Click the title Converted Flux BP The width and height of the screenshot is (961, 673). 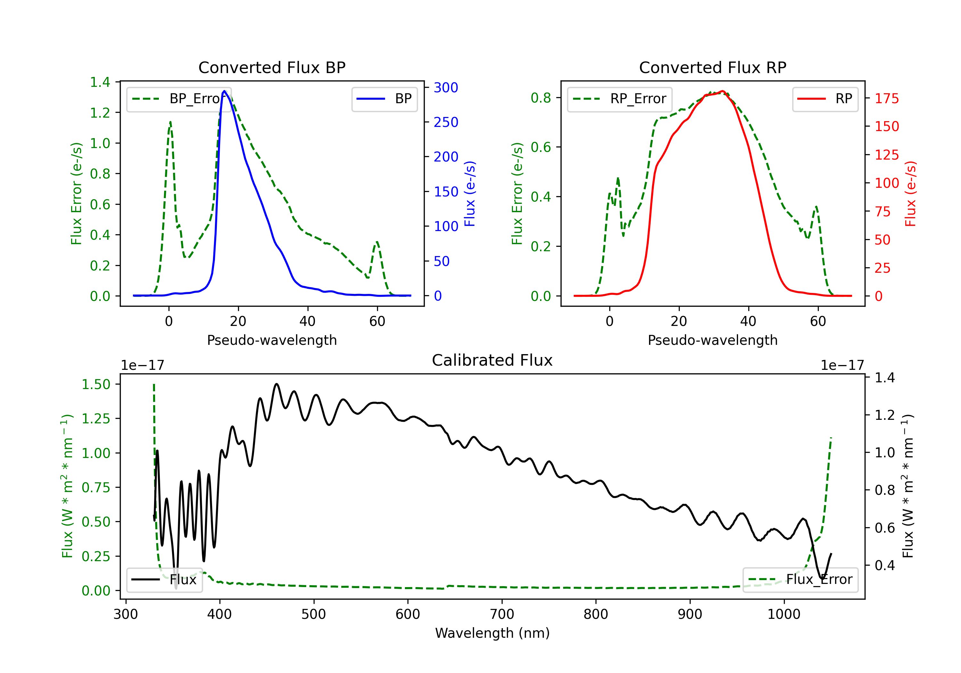[x=272, y=67]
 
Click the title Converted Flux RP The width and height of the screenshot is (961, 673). [x=712, y=67]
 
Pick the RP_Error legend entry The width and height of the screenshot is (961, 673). [x=620, y=99]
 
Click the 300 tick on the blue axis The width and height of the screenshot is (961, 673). [x=446, y=87]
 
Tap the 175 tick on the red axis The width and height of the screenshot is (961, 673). [x=886, y=98]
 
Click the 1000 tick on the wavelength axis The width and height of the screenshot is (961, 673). [x=784, y=614]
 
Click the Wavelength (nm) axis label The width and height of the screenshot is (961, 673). [x=492, y=633]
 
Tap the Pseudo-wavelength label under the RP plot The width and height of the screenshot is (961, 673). [x=712, y=340]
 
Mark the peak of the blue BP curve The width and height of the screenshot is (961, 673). [x=224, y=91]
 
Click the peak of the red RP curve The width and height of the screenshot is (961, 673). [x=722, y=91]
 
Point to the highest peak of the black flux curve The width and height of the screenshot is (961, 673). [x=276, y=384]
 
